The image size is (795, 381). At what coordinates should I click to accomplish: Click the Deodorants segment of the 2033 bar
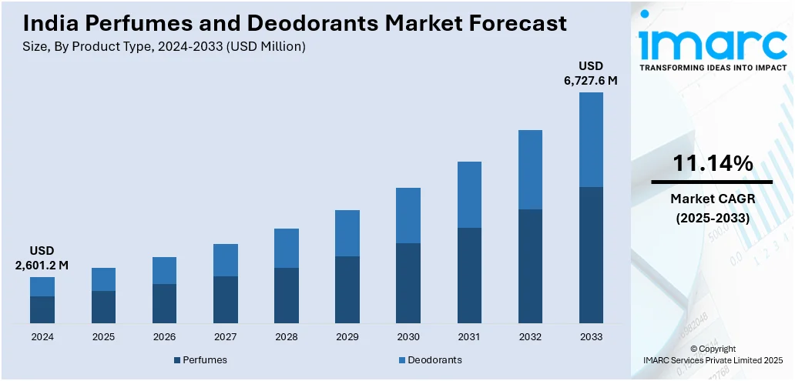coord(591,139)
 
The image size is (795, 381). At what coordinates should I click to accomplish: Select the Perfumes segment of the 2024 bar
coord(42,309)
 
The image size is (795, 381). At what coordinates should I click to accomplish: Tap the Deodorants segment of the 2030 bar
coord(408,216)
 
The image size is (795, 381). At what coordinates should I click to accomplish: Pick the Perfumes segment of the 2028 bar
coord(287,295)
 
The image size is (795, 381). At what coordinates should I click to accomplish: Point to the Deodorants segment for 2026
coord(164,270)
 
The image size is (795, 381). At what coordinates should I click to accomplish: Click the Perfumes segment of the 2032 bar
coord(530,266)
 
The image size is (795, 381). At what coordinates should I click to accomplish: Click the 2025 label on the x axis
coord(103,337)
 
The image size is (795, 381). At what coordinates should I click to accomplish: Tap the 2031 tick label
coord(469,337)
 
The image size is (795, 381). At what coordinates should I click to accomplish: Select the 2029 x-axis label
coord(347,337)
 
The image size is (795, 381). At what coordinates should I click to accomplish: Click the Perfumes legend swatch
coord(177,360)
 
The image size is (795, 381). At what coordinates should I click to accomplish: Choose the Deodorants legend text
coord(434,360)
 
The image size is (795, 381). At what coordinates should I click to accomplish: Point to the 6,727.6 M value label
coord(591,80)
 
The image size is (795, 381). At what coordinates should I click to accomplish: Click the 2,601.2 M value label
coord(42,266)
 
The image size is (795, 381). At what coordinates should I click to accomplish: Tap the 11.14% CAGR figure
coord(713,163)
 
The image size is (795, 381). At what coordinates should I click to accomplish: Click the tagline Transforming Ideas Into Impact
coord(713,68)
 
